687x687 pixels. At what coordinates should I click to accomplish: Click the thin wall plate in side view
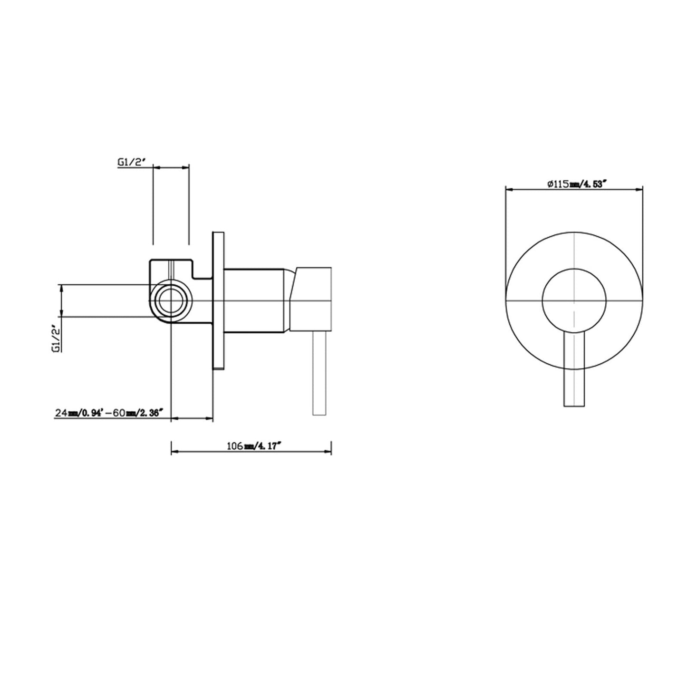[218, 300]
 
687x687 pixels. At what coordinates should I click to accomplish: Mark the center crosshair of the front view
[574, 301]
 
